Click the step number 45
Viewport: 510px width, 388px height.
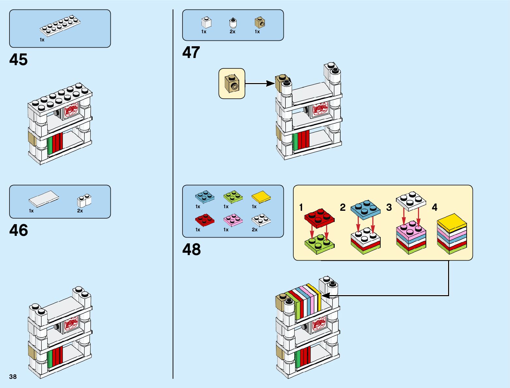pyautogui.click(x=19, y=60)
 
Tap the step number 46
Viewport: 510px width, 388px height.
pyautogui.click(x=19, y=230)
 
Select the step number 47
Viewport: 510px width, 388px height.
pyautogui.click(x=191, y=52)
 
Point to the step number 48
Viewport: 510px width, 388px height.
pyautogui.click(x=191, y=250)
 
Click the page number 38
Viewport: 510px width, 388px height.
pyautogui.click(x=13, y=377)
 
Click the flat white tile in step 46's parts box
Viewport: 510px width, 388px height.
pyautogui.click(x=44, y=198)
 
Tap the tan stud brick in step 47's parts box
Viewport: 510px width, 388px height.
pyautogui.click(x=260, y=22)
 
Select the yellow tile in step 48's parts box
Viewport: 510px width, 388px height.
pyautogui.click(x=261, y=197)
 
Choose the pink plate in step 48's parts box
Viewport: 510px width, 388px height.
pyautogui.click(x=233, y=220)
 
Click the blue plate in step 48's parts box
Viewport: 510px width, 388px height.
pyautogui.click(x=204, y=196)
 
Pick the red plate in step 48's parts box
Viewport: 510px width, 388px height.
pyautogui.click(x=204, y=220)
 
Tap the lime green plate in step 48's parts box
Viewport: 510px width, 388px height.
pyautogui.click(x=233, y=196)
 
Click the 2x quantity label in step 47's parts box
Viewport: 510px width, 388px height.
pyautogui.click(x=232, y=32)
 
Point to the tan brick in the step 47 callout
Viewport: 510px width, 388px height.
pyautogui.click(x=231, y=83)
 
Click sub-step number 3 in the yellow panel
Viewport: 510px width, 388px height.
pyautogui.click(x=389, y=207)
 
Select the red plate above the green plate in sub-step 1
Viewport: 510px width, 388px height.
pyautogui.click(x=319, y=217)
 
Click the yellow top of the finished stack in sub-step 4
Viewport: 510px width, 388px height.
pyautogui.click(x=452, y=223)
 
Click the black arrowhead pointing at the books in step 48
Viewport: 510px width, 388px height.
pyautogui.click(x=326, y=295)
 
